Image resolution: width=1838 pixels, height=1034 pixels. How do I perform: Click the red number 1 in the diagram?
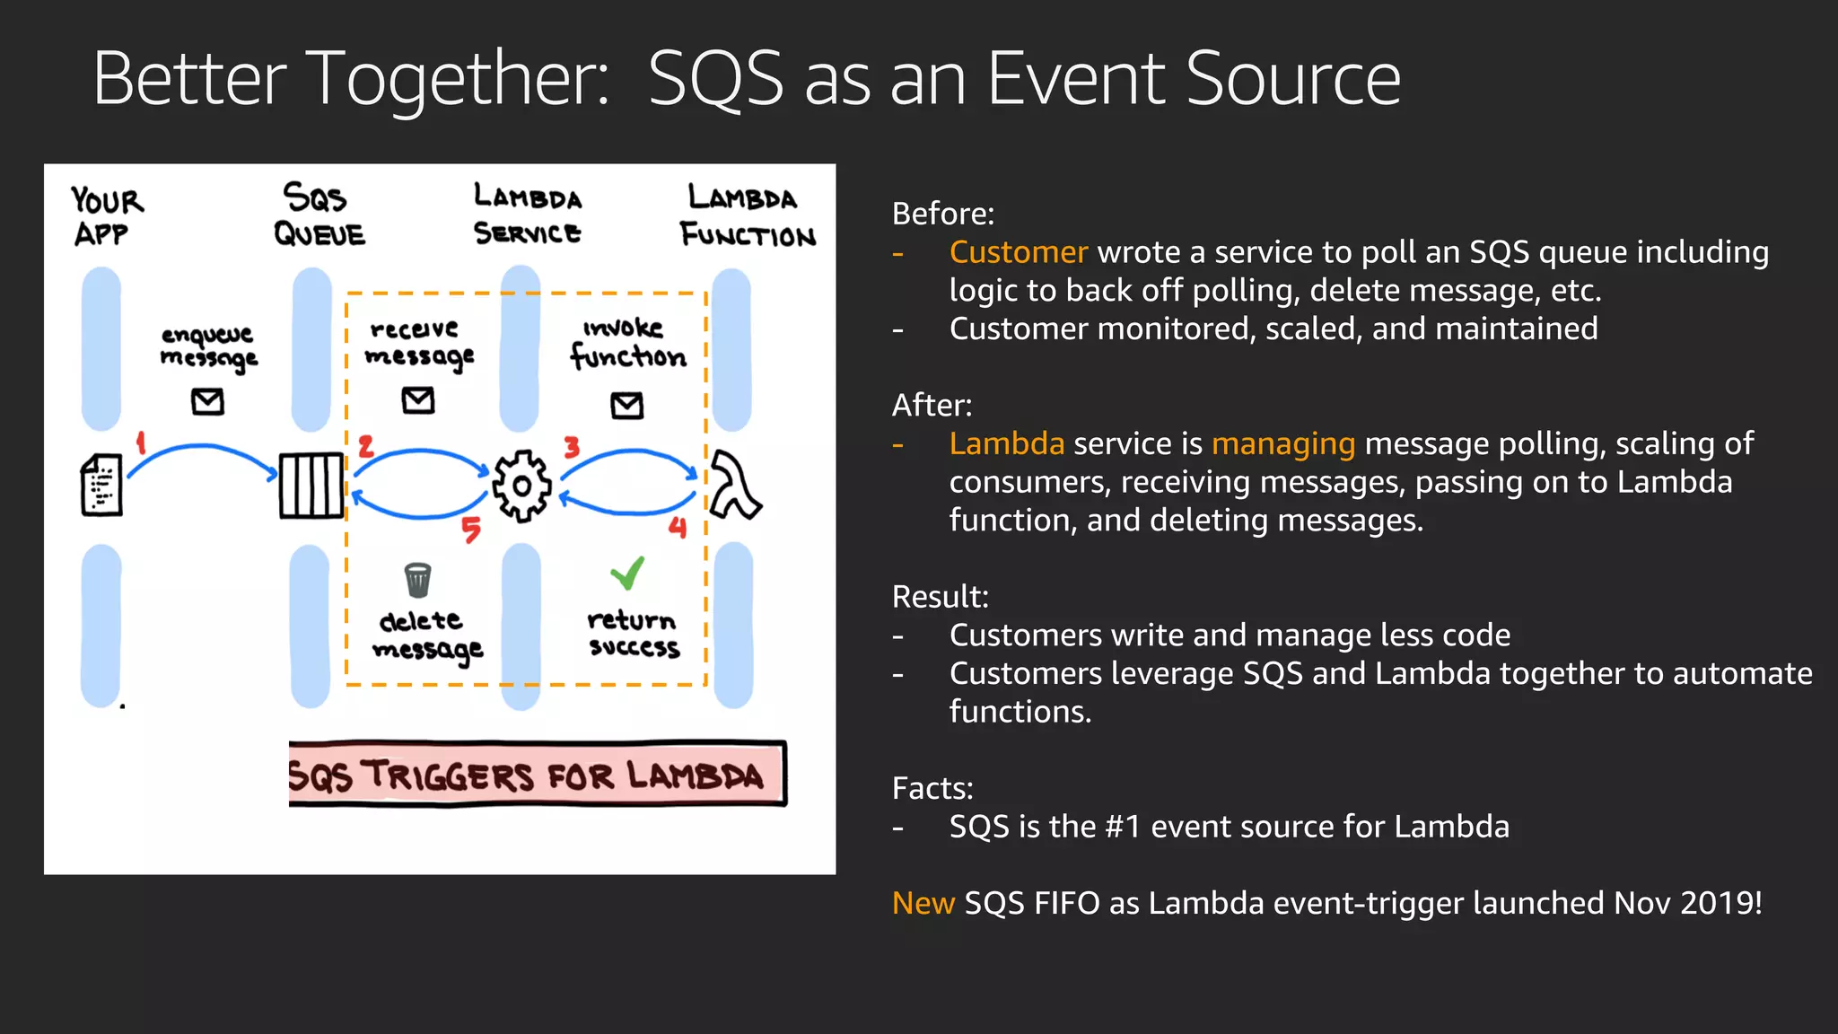tap(141, 442)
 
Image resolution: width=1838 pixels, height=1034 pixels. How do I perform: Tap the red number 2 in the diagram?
tap(365, 446)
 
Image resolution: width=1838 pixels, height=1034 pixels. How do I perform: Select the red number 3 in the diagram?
tap(572, 446)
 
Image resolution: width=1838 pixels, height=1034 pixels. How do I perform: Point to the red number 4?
tap(678, 528)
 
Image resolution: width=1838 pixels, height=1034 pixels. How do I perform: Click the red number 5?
tap(471, 530)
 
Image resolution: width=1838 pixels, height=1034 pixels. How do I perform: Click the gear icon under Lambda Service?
tap(521, 486)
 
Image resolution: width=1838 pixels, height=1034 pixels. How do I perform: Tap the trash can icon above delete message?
tap(418, 580)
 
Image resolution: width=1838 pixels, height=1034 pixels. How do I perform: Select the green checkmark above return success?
tap(628, 573)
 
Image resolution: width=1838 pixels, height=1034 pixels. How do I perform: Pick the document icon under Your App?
tap(101, 485)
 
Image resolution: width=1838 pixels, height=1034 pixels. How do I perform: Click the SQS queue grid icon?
tap(311, 486)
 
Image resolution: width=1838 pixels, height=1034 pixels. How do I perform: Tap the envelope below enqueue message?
tap(208, 401)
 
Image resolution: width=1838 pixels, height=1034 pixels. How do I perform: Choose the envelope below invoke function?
tap(627, 406)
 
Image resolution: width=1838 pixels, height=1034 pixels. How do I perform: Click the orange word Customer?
tap(1019, 252)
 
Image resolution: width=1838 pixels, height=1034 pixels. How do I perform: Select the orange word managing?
tap(1282, 443)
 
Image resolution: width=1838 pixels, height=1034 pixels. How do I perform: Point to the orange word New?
tap(923, 903)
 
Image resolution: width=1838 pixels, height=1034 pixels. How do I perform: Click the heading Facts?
tap(932, 788)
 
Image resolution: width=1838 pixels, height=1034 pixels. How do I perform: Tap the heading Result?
tap(940, 597)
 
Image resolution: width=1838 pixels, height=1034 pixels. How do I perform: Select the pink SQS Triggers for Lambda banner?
tap(537, 774)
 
